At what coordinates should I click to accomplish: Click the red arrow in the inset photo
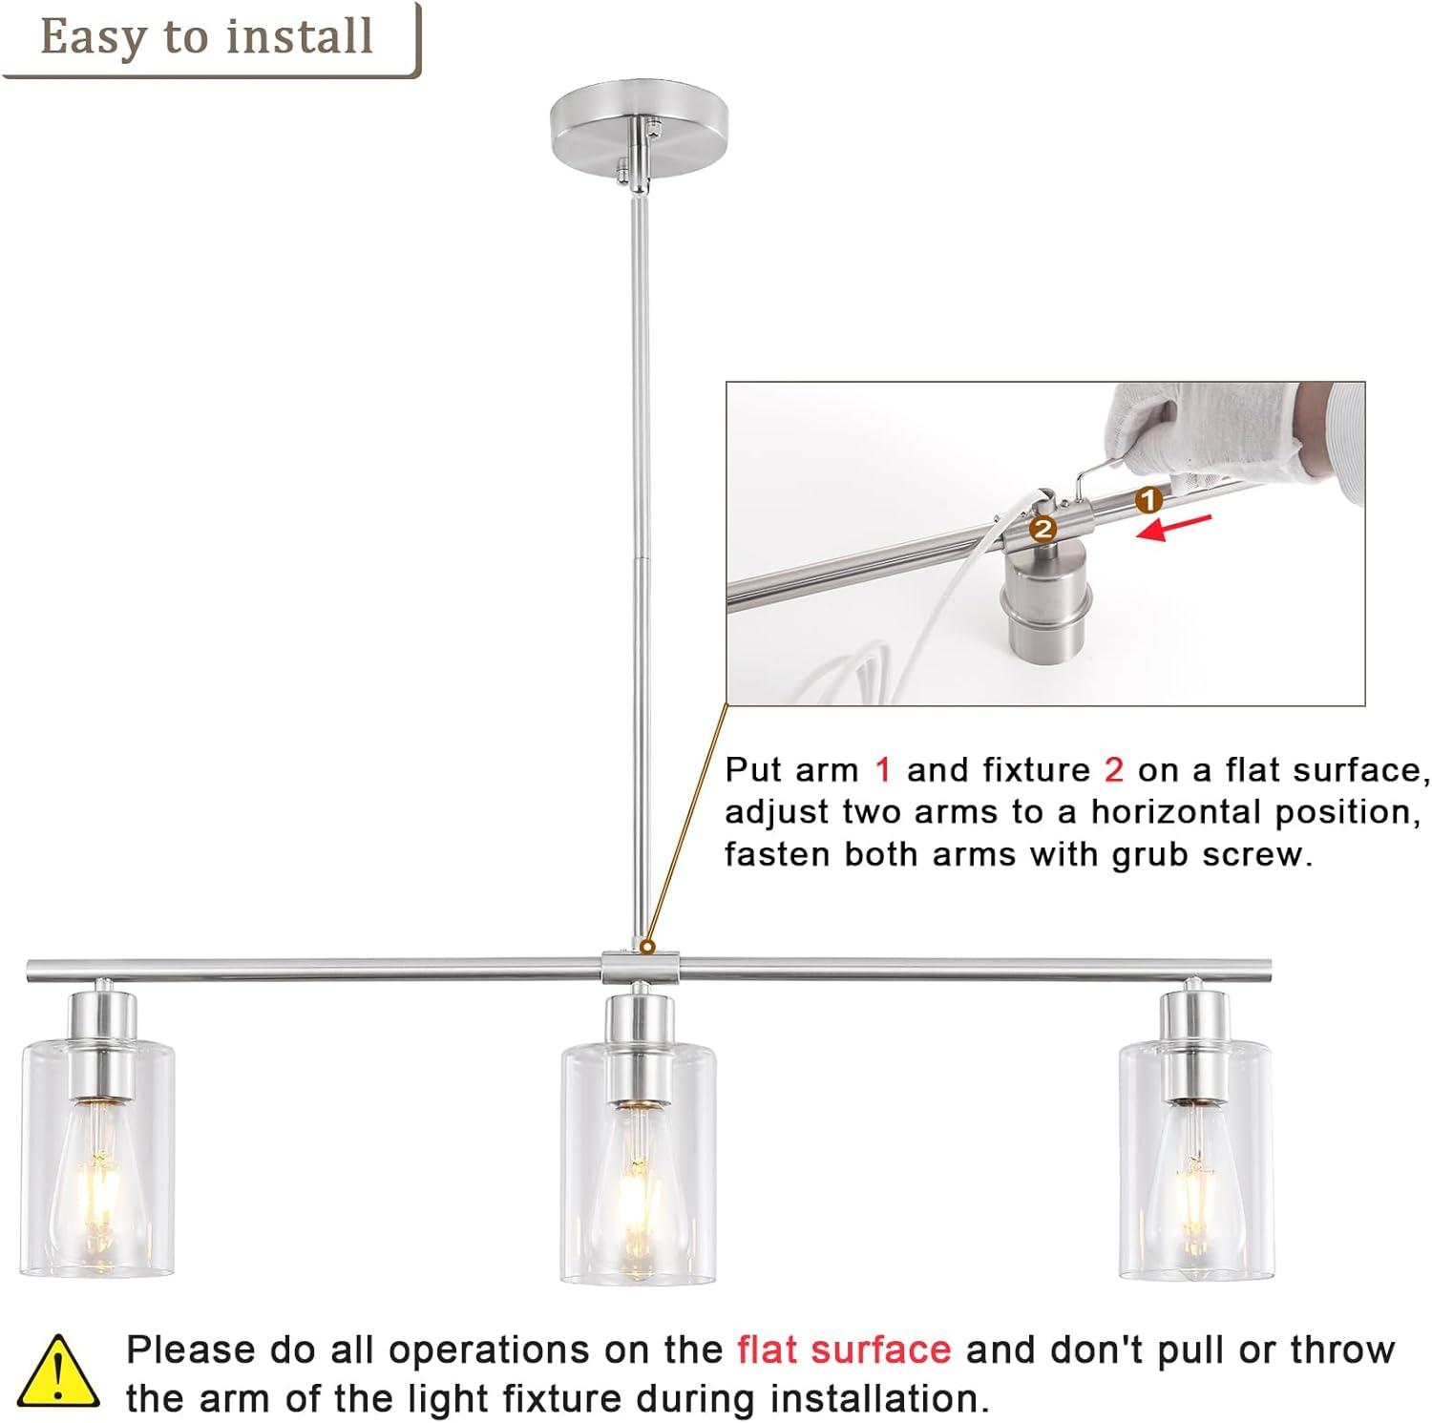1174,528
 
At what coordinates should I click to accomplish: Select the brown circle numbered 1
1149,498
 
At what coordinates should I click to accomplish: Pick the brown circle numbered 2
1042,528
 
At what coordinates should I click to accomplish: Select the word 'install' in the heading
299,37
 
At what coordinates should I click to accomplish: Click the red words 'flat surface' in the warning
844,1350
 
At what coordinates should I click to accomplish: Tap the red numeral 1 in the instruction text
884,770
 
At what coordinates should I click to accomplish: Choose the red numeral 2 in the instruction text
1114,770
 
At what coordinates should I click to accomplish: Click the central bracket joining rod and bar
640,966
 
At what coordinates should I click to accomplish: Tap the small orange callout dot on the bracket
647,948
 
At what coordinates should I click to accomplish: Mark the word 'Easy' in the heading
95,39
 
